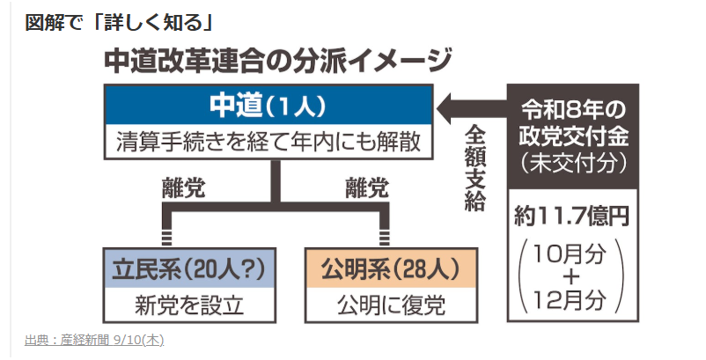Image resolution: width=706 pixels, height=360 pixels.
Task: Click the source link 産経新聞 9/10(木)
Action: (94, 341)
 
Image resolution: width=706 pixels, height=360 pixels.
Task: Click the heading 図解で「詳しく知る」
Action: (119, 23)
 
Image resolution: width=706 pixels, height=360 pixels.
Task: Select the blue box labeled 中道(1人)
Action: (268, 105)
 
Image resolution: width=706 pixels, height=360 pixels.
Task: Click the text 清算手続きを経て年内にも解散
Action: (268, 142)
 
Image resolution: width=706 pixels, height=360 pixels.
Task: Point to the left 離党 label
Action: (184, 188)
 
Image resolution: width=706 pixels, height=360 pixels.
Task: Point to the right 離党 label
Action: (367, 188)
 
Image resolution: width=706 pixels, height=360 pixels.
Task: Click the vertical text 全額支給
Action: (474, 168)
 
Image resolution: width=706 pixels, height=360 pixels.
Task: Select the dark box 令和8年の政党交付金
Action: (573, 136)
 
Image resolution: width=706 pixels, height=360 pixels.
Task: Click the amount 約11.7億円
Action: (572, 217)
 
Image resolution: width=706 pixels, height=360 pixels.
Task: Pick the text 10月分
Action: (570, 254)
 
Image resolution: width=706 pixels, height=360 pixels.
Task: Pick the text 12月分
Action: (570, 300)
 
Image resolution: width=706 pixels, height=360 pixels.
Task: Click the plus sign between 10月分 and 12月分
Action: (570, 277)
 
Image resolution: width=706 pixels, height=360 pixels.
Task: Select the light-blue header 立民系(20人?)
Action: (189, 268)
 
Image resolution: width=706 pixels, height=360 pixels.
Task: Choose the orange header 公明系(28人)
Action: (391, 268)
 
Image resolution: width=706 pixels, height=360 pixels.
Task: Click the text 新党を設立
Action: (189, 305)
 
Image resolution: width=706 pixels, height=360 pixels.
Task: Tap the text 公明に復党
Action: (391, 305)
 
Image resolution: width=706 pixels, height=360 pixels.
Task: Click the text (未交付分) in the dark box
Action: (573, 164)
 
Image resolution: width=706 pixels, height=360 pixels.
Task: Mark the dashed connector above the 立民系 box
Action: (166, 237)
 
